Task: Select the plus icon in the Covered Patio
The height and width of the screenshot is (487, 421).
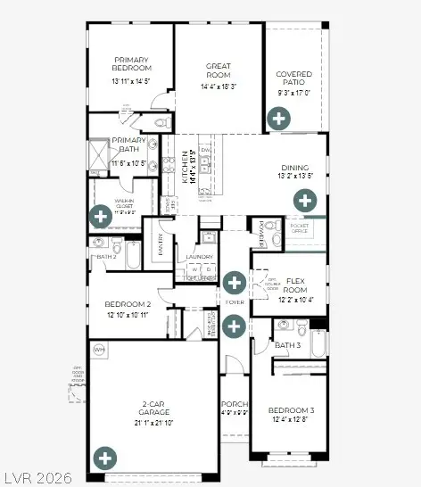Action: point(279,118)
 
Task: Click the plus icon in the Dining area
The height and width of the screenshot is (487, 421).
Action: point(305,200)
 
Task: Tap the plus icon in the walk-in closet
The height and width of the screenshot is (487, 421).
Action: point(101,215)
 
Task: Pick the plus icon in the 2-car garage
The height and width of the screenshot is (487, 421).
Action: point(106,459)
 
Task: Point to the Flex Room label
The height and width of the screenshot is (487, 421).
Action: point(296,285)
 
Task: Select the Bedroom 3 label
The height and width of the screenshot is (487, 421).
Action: point(293,410)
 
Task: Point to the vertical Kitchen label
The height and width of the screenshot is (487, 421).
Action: point(186,166)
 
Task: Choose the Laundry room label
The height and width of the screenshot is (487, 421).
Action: point(200,258)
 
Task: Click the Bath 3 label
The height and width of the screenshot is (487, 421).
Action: point(287,345)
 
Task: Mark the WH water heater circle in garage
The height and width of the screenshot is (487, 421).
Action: point(98,350)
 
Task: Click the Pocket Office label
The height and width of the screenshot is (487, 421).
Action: point(300,229)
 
